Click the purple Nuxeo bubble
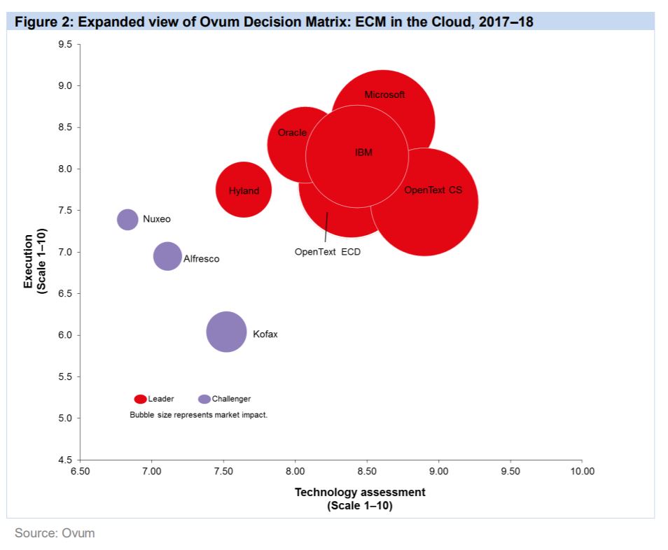[x=127, y=219]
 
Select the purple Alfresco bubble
[x=167, y=256]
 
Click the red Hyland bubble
[x=243, y=190]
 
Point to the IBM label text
[x=363, y=153]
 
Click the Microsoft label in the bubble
[x=384, y=94]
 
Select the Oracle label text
[x=292, y=132]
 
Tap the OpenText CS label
[x=433, y=190]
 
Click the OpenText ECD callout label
[x=327, y=252]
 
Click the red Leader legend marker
[x=141, y=399]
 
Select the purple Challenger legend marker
[x=204, y=399]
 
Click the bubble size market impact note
[x=199, y=414]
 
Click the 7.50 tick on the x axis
[x=223, y=471]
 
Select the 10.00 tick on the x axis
[x=582, y=471]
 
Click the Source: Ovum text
[x=55, y=533]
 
